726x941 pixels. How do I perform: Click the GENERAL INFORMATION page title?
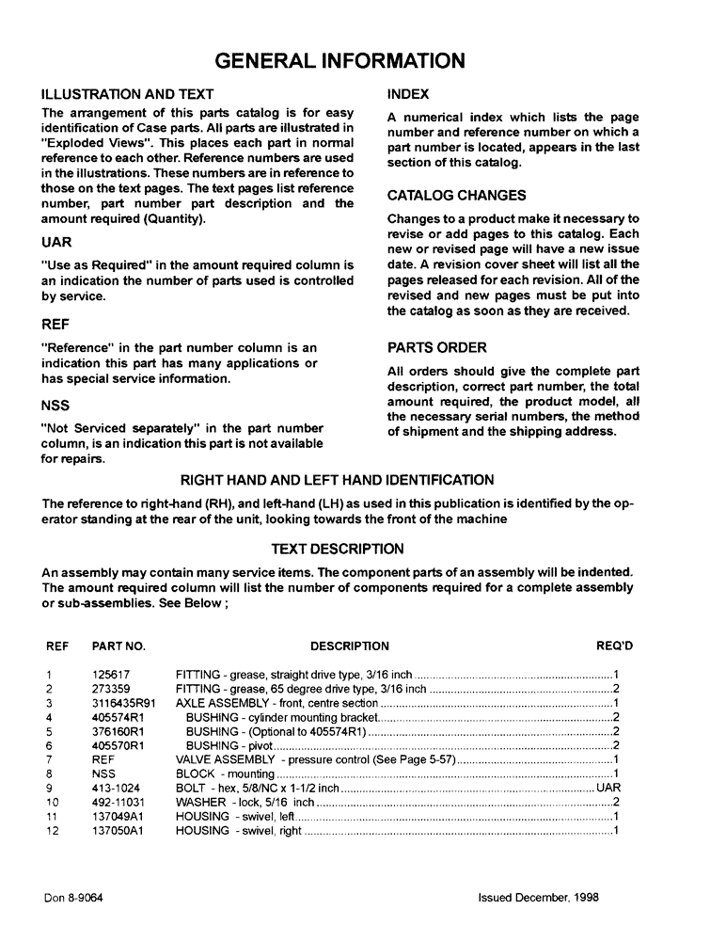pos(339,61)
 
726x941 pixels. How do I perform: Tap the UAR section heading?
pos(57,242)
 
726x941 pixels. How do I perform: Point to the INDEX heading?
pos(408,94)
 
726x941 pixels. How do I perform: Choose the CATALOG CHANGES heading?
pos(457,196)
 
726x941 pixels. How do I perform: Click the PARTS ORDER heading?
pos(437,347)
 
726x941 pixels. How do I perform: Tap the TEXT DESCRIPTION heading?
pos(338,549)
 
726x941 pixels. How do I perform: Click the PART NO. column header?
pos(118,646)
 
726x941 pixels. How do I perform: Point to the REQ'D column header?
pos(615,646)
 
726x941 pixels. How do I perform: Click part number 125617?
pos(111,675)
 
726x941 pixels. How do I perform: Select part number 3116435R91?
pos(124,703)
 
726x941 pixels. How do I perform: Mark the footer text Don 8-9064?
pos(72,898)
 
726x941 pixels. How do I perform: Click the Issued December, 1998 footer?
pos(538,898)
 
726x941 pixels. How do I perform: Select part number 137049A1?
pos(117,815)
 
